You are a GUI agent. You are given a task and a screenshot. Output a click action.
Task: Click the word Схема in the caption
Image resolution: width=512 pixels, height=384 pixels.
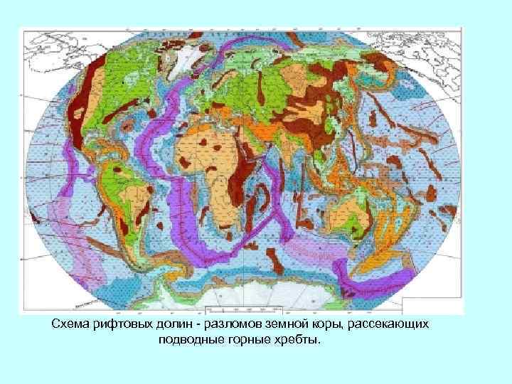click(x=69, y=324)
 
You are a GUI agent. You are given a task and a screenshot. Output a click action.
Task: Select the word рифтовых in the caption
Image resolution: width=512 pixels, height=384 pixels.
click(x=119, y=324)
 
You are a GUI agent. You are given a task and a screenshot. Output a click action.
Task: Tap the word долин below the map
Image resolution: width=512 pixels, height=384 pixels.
click(x=168, y=324)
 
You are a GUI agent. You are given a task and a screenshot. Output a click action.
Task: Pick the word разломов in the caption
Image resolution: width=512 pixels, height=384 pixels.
click(x=221, y=324)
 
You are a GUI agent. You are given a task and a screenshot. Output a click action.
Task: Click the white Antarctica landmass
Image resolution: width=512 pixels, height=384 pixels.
click(x=235, y=302)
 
